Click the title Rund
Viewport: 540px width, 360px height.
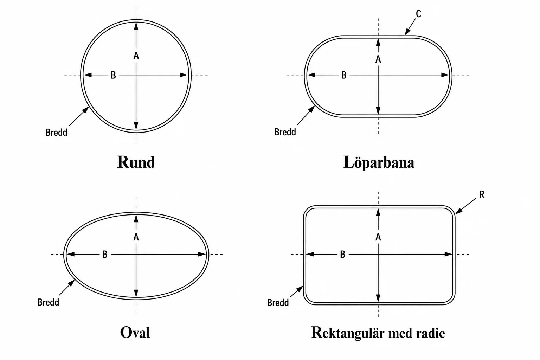(x=136, y=162)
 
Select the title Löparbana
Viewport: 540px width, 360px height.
(x=379, y=162)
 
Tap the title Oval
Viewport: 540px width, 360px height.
(x=135, y=333)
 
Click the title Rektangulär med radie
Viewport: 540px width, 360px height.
(x=378, y=333)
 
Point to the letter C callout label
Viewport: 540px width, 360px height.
(x=418, y=14)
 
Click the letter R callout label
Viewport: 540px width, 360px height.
(x=482, y=194)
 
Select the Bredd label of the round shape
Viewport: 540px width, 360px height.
(x=56, y=133)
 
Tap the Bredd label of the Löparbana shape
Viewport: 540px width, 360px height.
(x=285, y=132)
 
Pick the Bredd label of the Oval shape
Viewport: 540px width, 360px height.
(x=48, y=302)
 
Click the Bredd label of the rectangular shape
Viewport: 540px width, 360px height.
(x=278, y=303)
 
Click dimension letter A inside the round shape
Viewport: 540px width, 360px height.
(x=136, y=56)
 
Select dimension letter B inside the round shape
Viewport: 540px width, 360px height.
(x=113, y=75)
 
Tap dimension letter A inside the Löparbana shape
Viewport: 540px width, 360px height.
(x=378, y=59)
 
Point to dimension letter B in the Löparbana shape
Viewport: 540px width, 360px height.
(x=344, y=75)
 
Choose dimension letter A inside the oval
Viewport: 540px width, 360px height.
(x=136, y=237)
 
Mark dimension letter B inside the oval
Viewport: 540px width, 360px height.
(x=105, y=255)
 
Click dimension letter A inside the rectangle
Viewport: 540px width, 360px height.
(x=378, y=237)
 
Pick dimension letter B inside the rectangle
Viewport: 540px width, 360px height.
(x=342, y=255)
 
